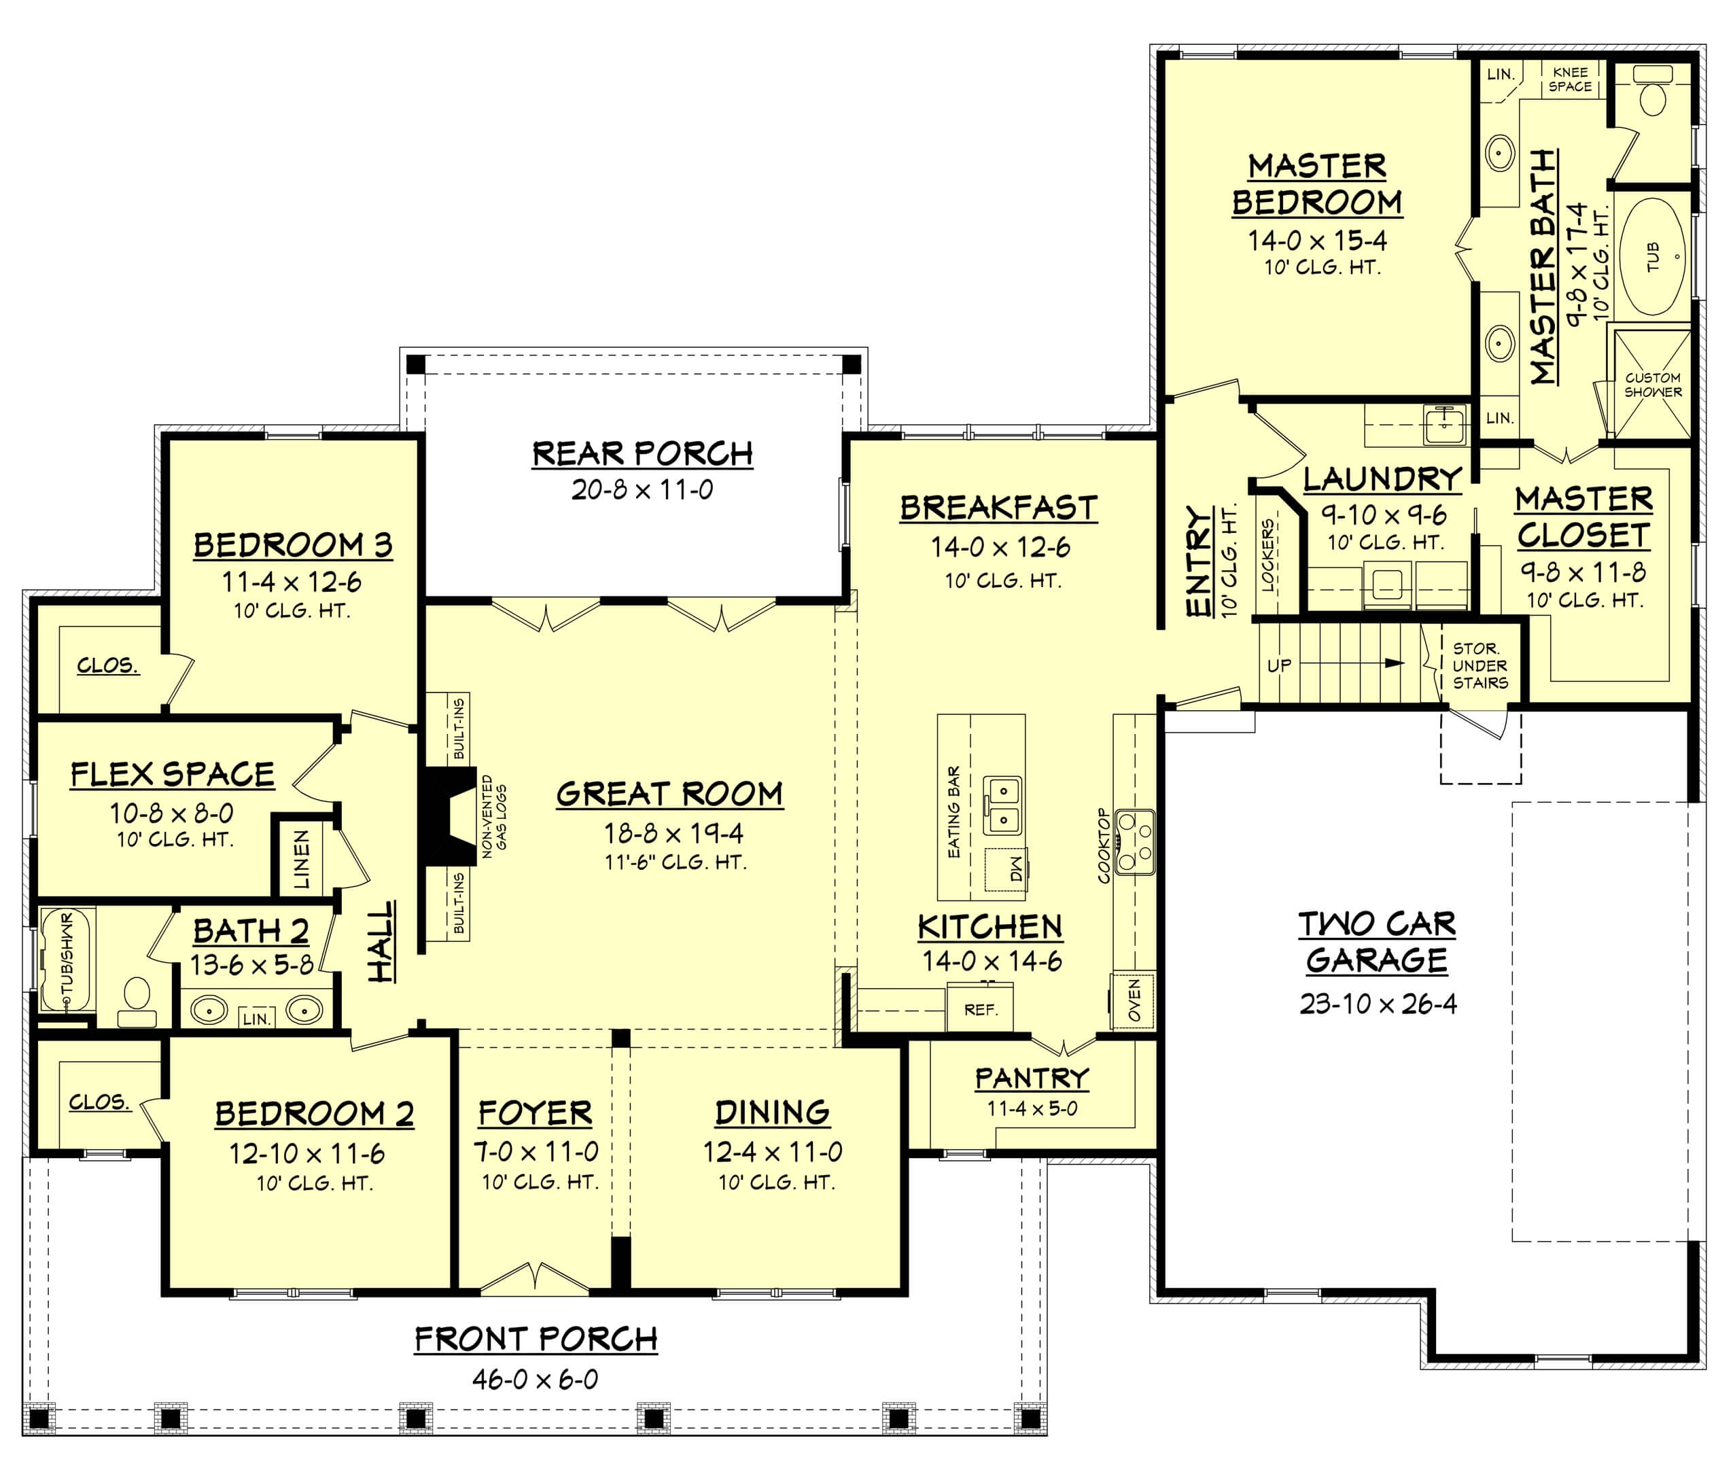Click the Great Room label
tap(669, 794)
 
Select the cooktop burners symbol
tap(1135, 841)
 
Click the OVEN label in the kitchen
tap(1134, 1000)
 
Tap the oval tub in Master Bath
tap(1652, 256)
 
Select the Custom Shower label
tap(1652, 385)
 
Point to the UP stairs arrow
tap(1393, 663)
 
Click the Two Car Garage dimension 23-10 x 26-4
tap(1378, 1004)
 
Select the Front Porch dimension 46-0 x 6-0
tap(535, 1380)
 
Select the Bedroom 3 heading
tap(292, 545)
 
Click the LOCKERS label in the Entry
tap(1268, 556)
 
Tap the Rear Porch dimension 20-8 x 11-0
tap(642, 490)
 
